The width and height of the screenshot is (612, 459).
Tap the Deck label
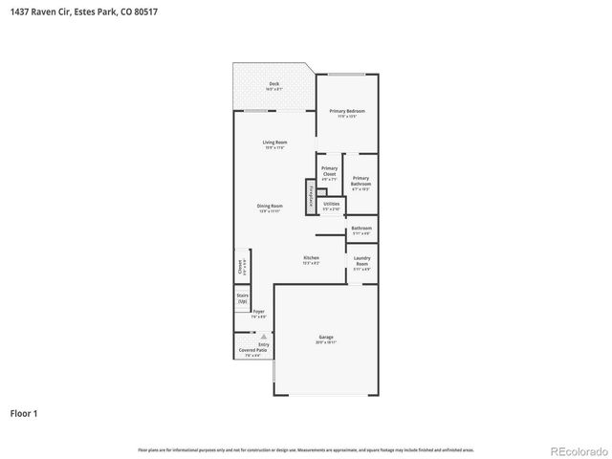(x=274, y=85)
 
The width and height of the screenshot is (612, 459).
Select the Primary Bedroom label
(x=347, y=113)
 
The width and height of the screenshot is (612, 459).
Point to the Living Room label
(x=275, y=144)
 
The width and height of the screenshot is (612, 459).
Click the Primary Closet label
(x=329, y=172)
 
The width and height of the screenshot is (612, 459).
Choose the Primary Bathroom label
(x=361, y=182)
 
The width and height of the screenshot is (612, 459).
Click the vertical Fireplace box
(x=310, y=198)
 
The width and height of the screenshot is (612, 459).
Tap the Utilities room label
(x=331, y=205)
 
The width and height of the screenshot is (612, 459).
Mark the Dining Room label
(x=270, y=208)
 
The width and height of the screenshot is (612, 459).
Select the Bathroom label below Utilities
(x=361, y=229)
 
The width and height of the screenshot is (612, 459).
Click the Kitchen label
(x=311, y=259)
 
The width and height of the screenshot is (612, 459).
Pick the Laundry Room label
(x=361, y=262)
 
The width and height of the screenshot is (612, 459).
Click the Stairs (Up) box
(x=242, y=299)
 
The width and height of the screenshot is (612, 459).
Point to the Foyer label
(x=258, y=313)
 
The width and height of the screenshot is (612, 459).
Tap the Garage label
(x=326, y=338)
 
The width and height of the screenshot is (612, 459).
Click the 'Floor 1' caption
(x=24, y=414)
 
